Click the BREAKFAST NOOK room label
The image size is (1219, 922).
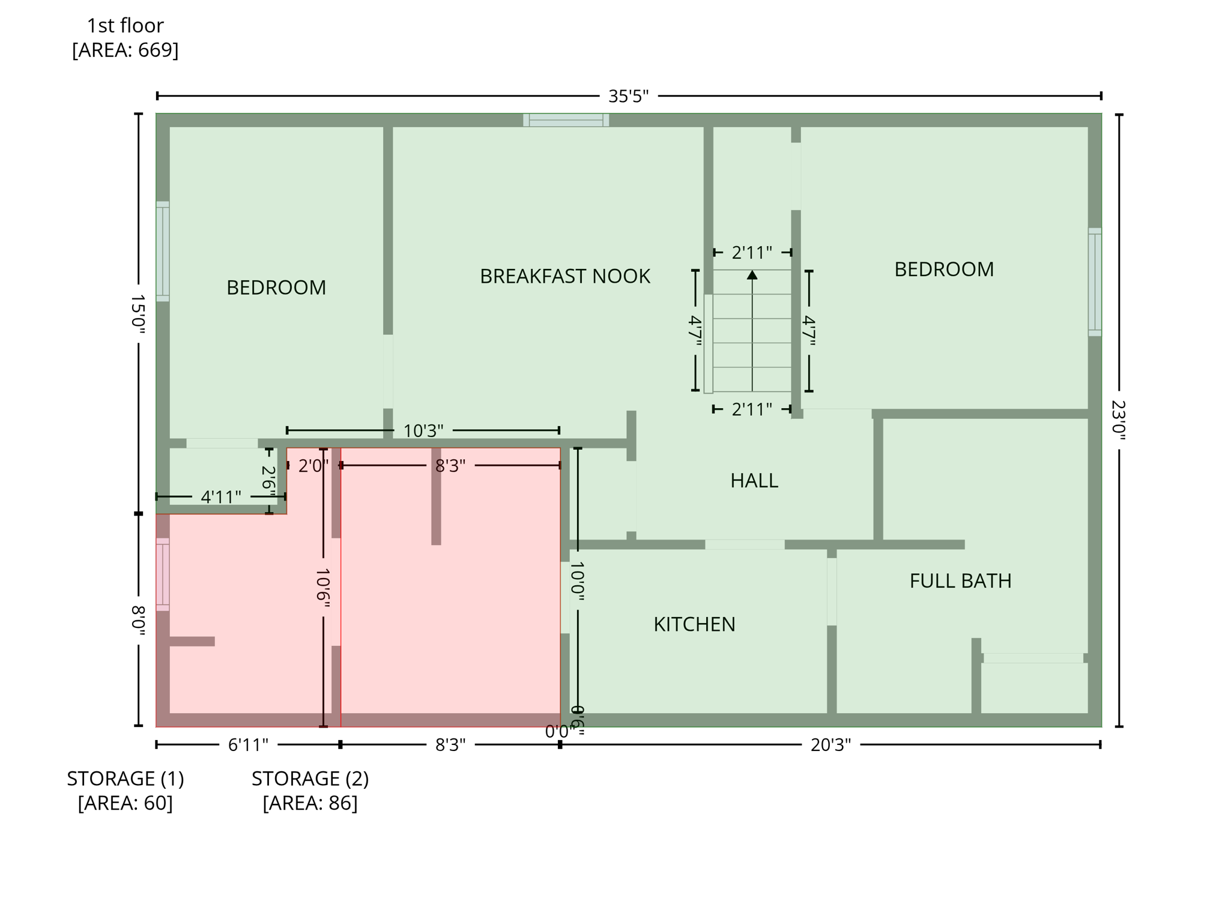[564, 276]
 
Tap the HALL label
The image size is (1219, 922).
[754, 480]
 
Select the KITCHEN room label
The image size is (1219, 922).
[694, 624]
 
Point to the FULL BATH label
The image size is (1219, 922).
[960, 580]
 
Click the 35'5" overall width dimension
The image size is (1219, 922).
[628, 96]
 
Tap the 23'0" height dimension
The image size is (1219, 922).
[1119, 420]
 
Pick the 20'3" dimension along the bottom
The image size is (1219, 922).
[830, 745]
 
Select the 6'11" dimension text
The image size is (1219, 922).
[248, 745]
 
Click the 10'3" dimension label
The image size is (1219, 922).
[423, 430]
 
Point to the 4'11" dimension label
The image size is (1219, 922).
[220, 497]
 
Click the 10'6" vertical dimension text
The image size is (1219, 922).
[323, 588]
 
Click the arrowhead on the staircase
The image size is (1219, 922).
[752, 275]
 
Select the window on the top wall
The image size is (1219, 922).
[566, 120]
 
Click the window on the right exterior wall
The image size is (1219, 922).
[1094, 282]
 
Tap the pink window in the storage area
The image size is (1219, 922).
[163, 574]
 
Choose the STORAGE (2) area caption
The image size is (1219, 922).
[310, 790]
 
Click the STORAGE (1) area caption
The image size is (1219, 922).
[125, 790]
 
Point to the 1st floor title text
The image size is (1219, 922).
[125, 26]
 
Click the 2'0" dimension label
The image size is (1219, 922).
[313, 466]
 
